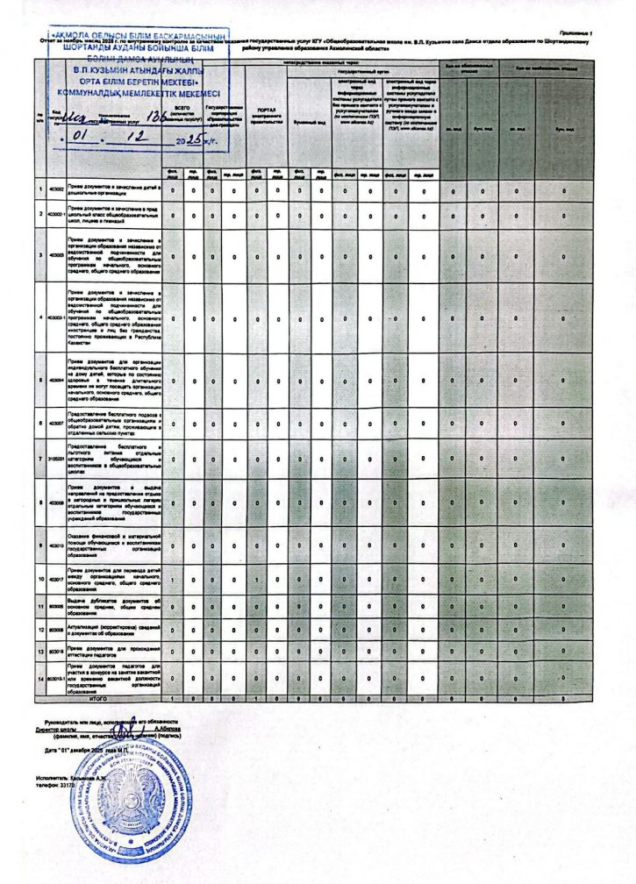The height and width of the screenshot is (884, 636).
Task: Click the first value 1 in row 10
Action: (173, 581)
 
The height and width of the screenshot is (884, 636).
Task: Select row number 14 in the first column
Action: (40, 679)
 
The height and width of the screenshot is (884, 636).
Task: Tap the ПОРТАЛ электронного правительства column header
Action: (264, 115)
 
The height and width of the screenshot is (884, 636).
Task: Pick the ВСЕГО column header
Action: (182, 113)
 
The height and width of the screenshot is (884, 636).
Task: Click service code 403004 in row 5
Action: (55, 381)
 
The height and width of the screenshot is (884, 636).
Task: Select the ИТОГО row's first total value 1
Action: (173, 698)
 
